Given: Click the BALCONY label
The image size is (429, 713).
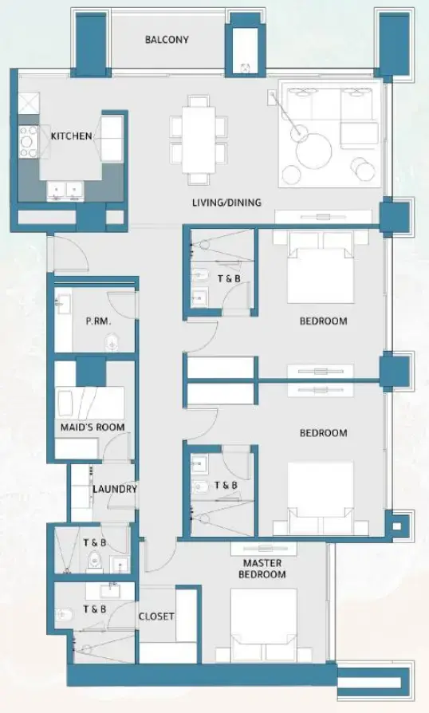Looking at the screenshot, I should [167, 39].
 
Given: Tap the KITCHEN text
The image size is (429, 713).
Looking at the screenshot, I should [71, 136].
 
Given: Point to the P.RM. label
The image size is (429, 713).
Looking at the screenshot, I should [97, 321].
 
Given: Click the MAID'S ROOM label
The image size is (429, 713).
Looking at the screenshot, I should [92, 427].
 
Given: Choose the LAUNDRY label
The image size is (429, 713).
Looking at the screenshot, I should [114, 489].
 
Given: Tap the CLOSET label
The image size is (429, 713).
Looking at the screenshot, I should [156, 616].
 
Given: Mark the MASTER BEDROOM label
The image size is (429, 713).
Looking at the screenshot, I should [263, 568].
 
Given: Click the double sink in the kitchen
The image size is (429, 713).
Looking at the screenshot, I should [65, 190].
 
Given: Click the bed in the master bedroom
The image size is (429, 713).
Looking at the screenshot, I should [264, 624].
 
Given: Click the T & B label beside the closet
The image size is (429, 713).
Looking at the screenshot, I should [96, 609].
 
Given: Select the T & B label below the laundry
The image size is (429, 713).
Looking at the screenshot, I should [96, 542].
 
